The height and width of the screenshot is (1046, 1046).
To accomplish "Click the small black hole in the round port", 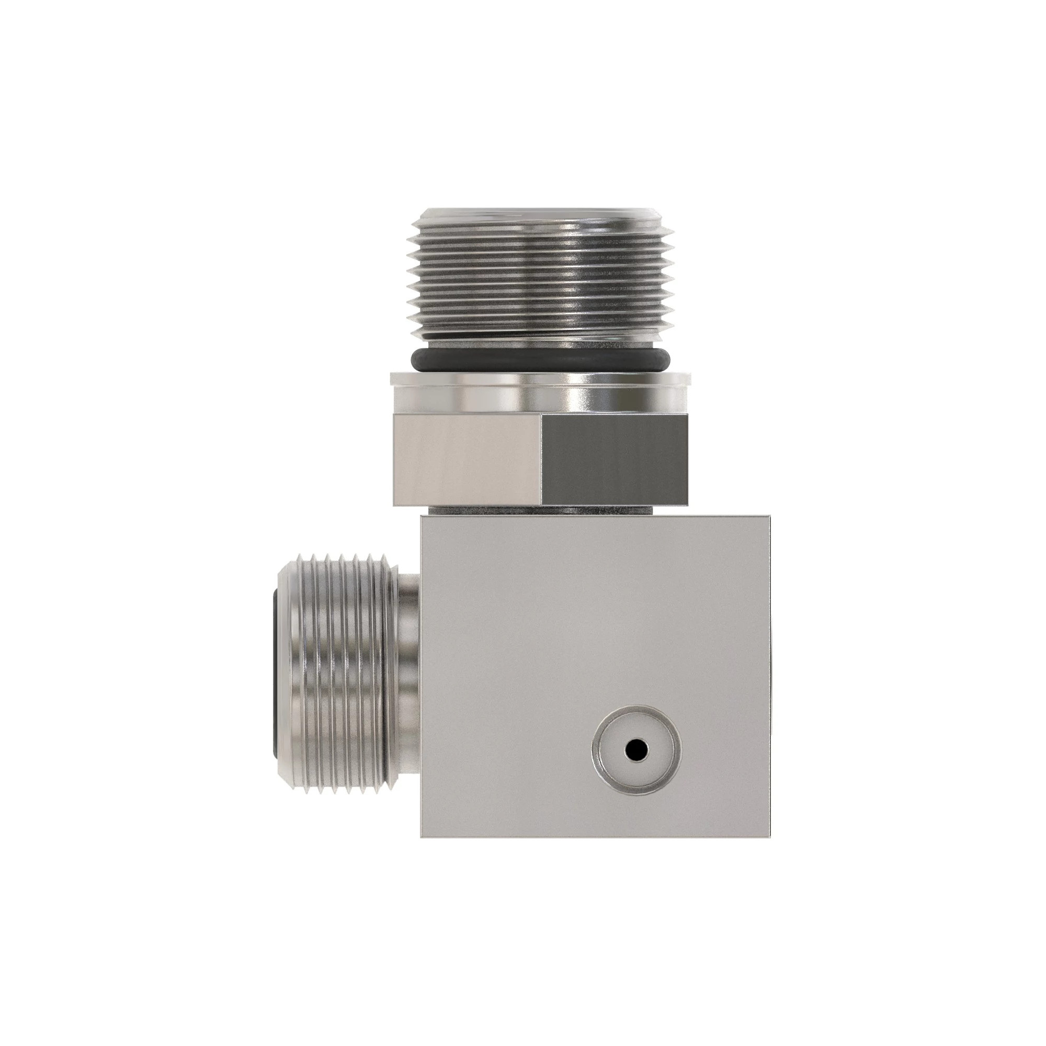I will (636, 750).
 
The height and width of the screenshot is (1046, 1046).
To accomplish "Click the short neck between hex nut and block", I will (542, 510).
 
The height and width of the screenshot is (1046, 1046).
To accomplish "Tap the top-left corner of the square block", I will (422, 516).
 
